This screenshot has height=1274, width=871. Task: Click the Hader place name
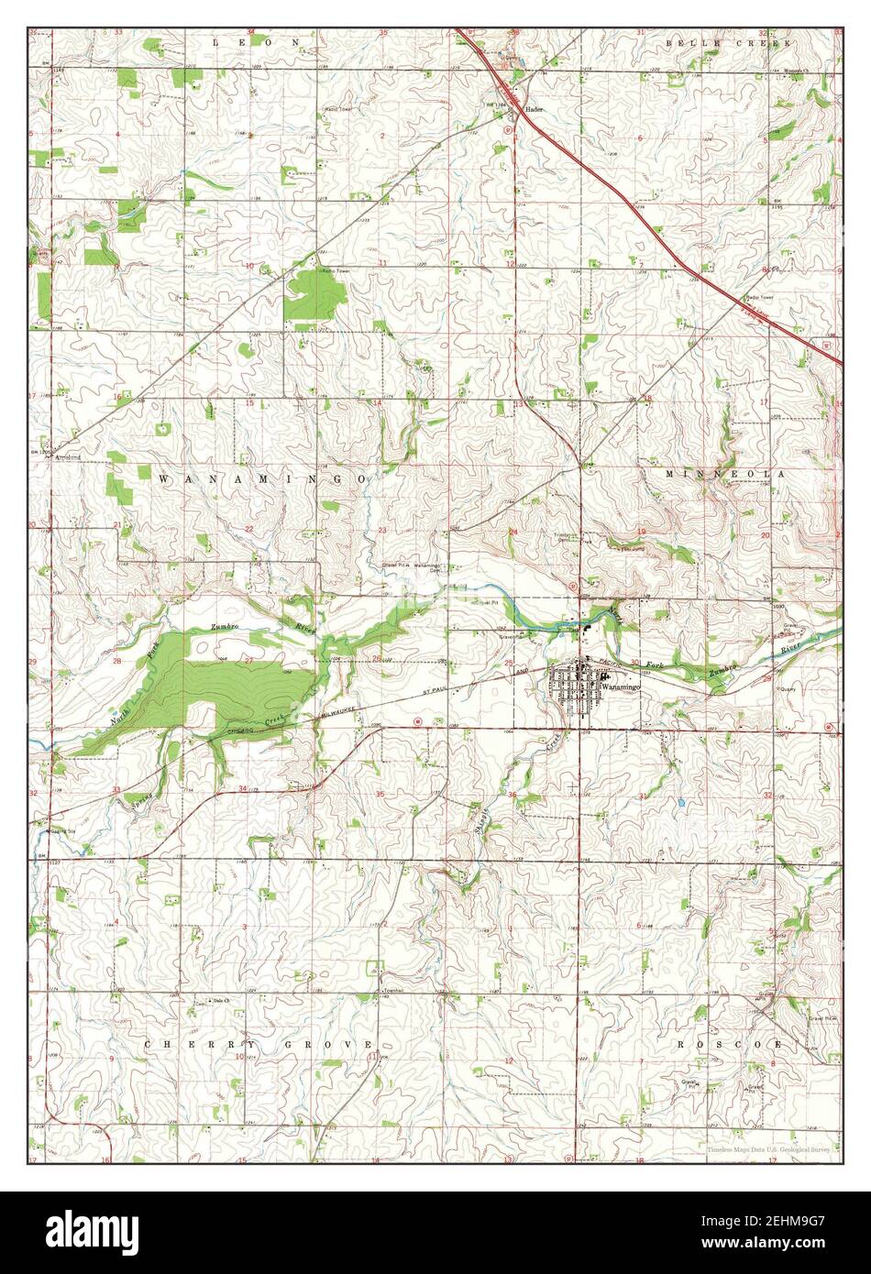535,109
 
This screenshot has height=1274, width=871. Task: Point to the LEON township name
257,42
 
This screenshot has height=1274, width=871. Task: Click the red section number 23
380,531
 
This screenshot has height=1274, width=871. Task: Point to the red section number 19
641,532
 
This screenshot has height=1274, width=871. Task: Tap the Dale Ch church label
218,1000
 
